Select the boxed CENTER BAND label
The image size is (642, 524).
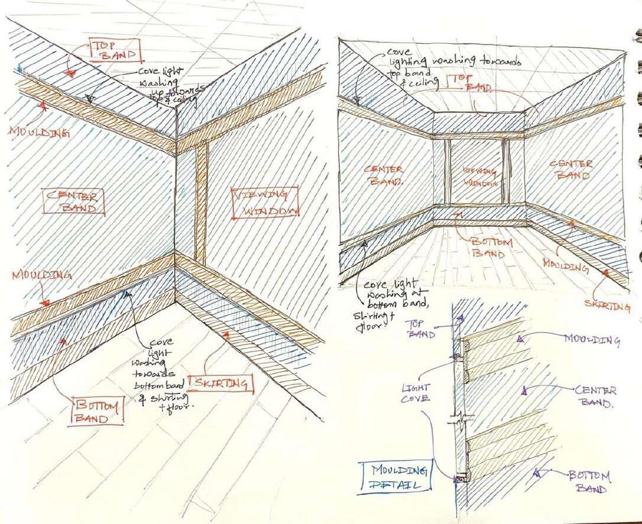pos(74,201)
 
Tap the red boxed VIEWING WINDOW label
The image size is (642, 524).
pos(264,202)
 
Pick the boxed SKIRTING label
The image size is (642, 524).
pos(219,384)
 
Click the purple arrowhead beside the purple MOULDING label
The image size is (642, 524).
pos(520,339)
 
